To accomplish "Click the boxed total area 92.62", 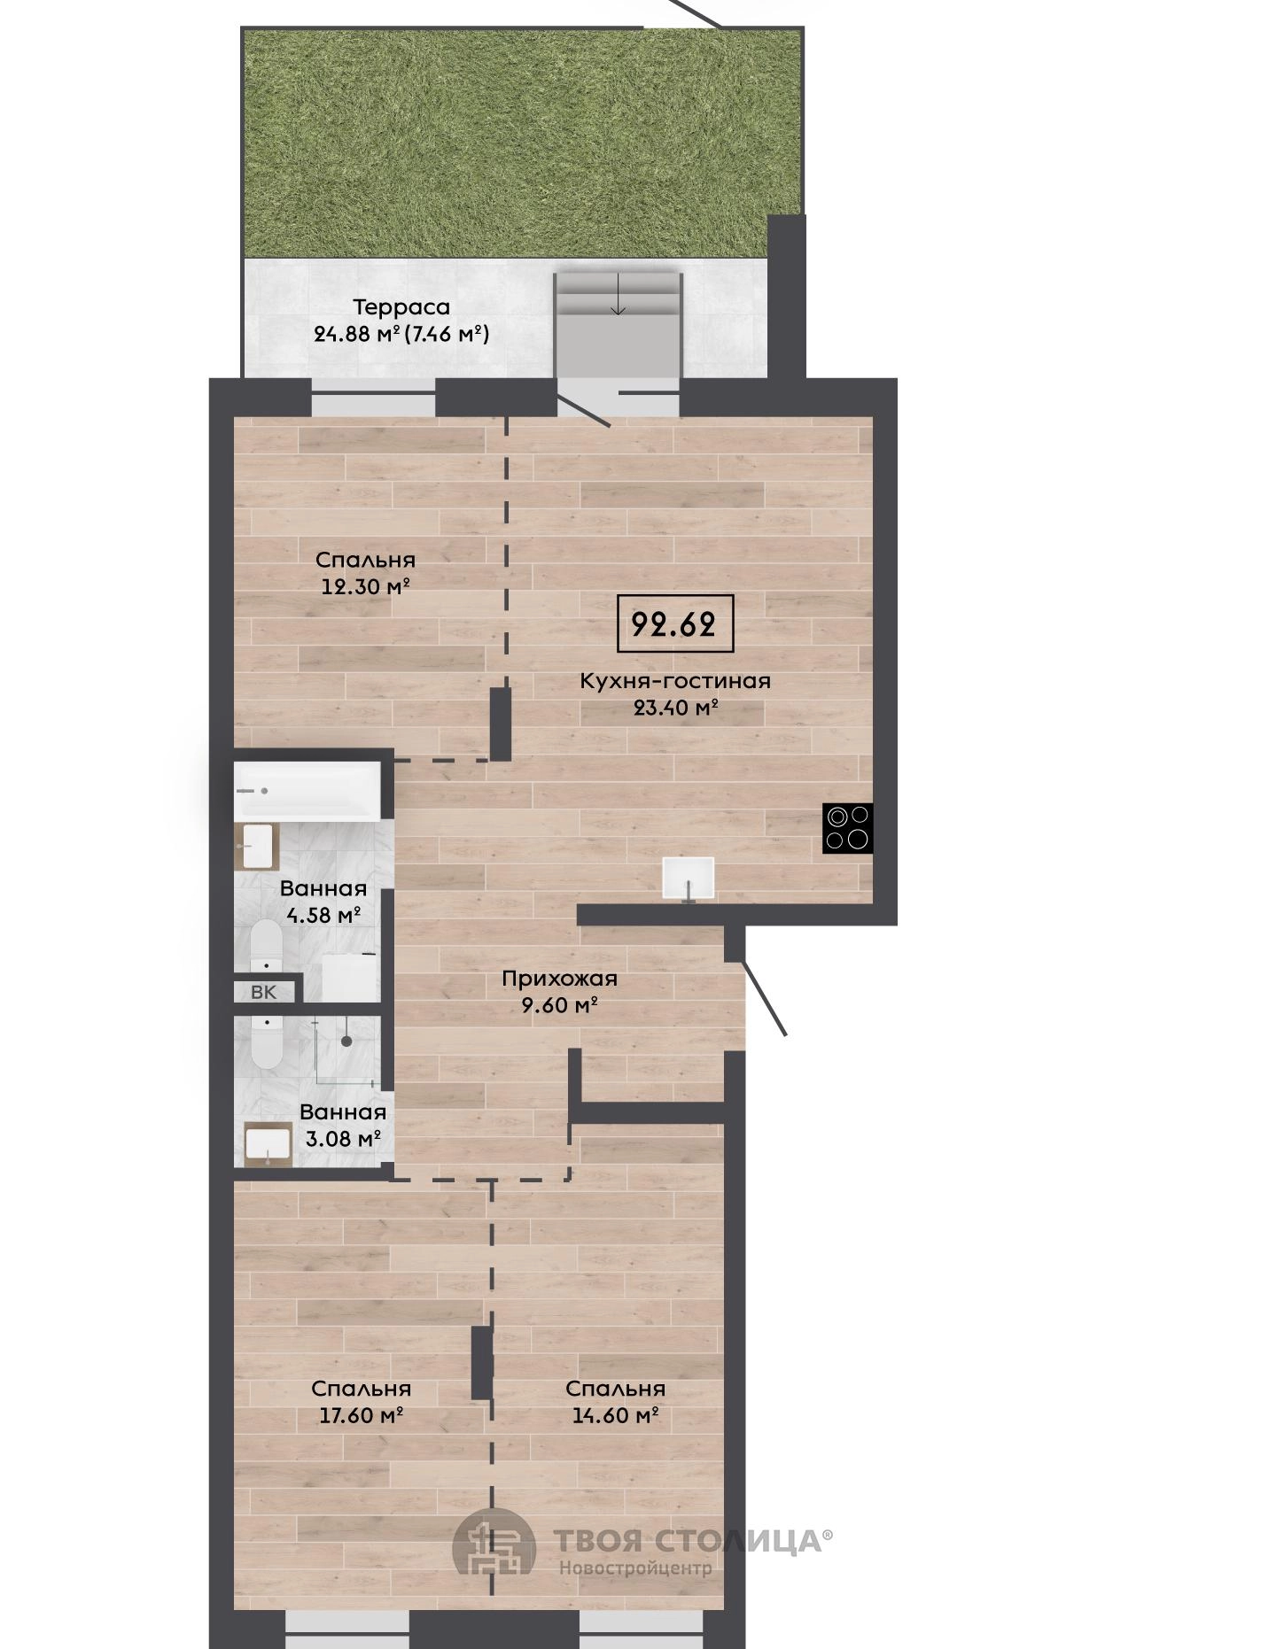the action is (674, 624).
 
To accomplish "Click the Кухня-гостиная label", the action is (675, 681).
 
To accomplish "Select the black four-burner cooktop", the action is (848, 828).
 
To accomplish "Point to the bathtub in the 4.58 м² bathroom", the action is (307, 790).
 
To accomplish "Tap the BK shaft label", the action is (264, 992).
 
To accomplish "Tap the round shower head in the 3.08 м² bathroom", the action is (347, 1041).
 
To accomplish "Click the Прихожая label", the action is (559, 979).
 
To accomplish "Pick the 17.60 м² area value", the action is (362, 1415).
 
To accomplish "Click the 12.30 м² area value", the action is (365, 586).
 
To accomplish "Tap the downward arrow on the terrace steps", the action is (619, 294).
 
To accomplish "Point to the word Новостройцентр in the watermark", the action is (635, 1568).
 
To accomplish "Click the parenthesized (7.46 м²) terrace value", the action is (447, 335).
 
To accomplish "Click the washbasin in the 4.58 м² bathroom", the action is (257, 846).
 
